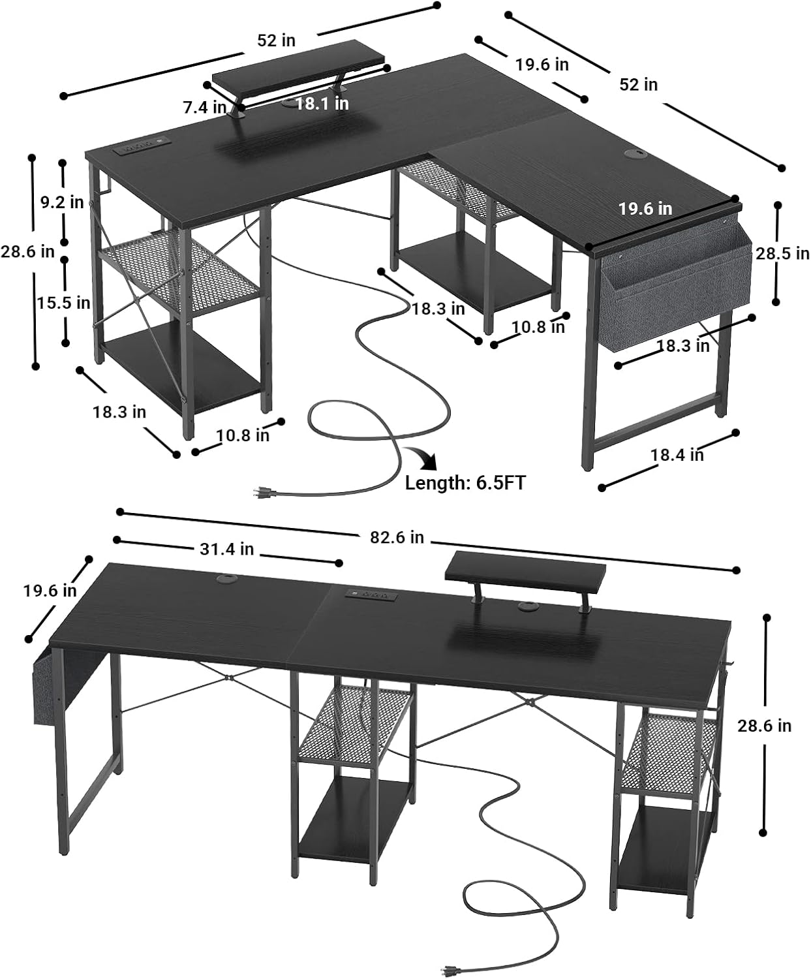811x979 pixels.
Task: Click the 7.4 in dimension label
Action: click(x=204, y=107)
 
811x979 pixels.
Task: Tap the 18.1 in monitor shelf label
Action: click(x=322, y=104)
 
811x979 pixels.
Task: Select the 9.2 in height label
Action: click(x=62, y=202)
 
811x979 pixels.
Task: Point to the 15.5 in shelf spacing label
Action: click(x=63, y=303)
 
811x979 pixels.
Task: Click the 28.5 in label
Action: click(x=782, y=253)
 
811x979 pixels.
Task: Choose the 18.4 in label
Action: click(x=677, y=455)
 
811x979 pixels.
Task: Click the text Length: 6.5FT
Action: click(x=465, y=483)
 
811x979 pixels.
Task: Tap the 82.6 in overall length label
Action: click(x=397, y=537)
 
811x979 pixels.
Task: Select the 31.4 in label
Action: click(x=226, y=550)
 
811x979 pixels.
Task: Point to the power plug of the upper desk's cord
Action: click(x=264, y=491)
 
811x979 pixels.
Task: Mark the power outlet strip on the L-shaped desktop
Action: click(x=141, y=149)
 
